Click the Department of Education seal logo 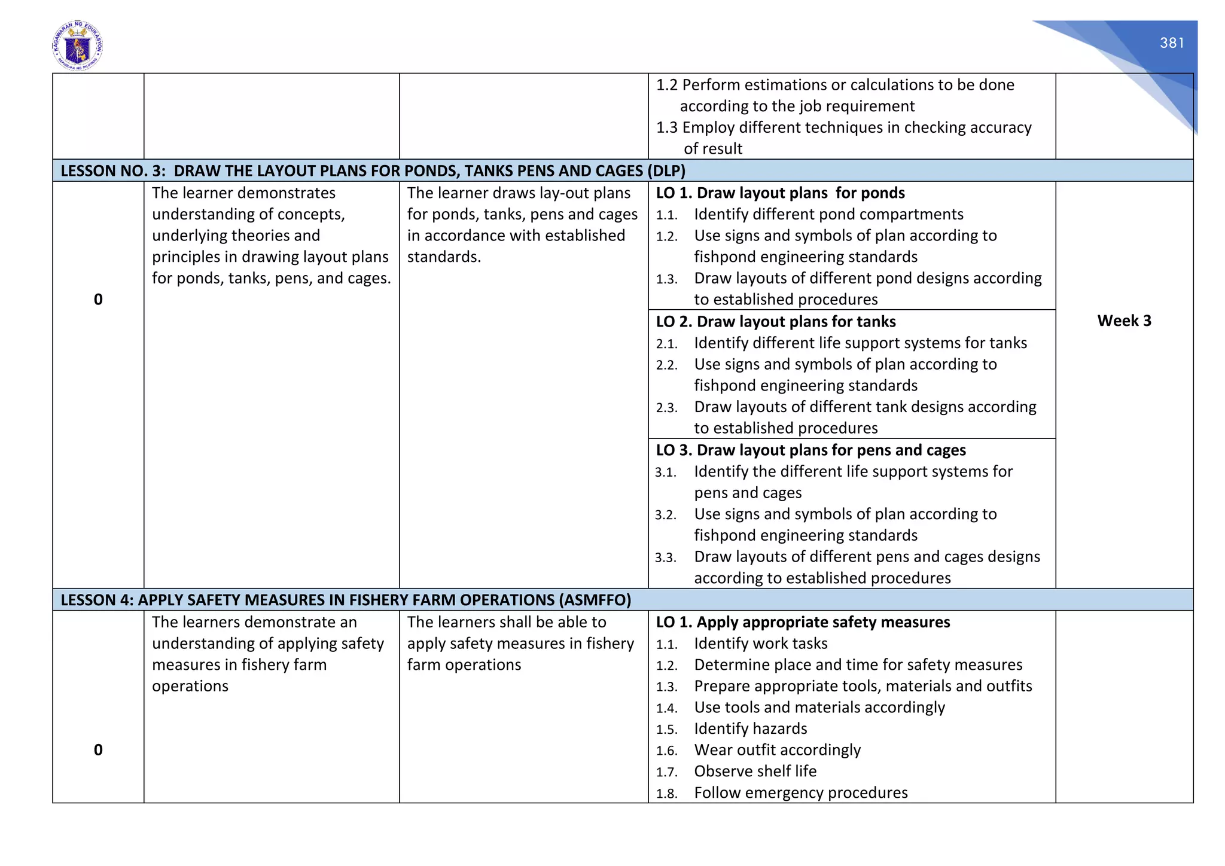[x=77, y=46]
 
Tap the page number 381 [x=1172, y=43]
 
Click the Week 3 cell [x=1123, y=321]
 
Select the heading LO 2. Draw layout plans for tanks [x=775, y=322]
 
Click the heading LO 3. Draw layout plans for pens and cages [x=810, y=450]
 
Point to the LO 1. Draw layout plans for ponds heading [x=780, y=193]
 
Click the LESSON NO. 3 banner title [x=373, y=171]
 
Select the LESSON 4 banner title [x=346, y=600]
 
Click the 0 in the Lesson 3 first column [x=98, y=300]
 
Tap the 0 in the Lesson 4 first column [x=98, y=750]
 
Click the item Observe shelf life [x=755, y=772]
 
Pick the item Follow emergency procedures [x=800, y=793]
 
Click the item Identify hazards [x=750, y=729]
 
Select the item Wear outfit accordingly [x=777, y=750]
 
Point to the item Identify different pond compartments [x=828, y=215]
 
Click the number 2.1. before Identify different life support [x=666, y=344]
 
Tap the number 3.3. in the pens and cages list [x=665, y=558]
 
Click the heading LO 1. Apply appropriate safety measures [x=803, y=623]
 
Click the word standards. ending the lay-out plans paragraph [x=444, y=257]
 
